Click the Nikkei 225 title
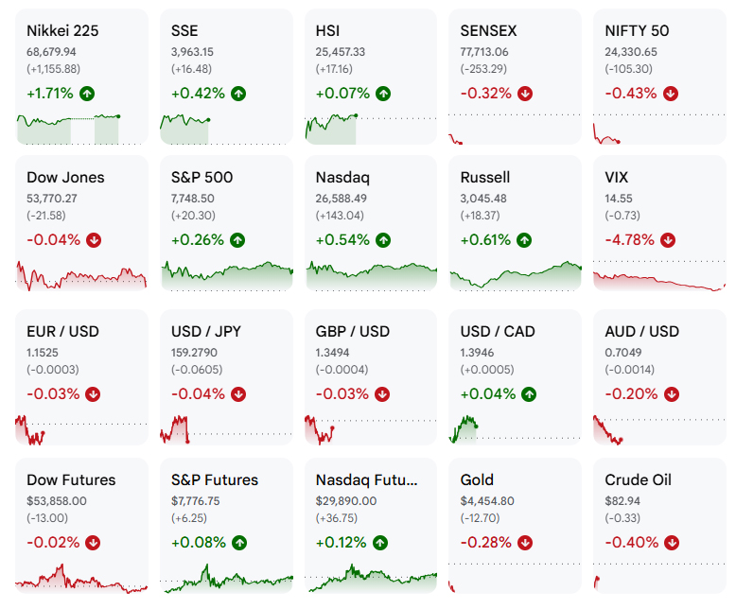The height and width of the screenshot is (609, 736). pyautogui.click(x=62, y=31)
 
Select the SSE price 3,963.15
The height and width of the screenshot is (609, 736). pyautogui.click(x=192, y=52)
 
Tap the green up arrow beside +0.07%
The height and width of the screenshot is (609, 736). pyautogui.click(x=383, y=94)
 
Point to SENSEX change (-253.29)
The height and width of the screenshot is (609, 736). pyautogui.click(x=483, y=69)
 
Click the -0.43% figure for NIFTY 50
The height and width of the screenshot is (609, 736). pyautogui.click(x=630, y=94)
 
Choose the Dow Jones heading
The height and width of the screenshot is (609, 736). pyautogui.click(x=65, y=178)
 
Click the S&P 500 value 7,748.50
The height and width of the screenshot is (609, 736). pyautogui.click(x=192, y=199)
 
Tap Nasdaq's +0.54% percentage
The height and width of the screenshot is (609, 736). pyautogui.click(x=342, y=240)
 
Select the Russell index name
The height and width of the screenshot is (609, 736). pyautogui.click(x=485, y=178)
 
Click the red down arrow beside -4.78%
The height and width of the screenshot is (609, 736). pyautogui.click(x=668, y=240)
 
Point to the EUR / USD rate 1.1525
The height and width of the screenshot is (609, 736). pyautogui.click(x=43, y=353)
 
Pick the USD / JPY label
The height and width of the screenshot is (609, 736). pyautogui.click(x=206, y=332)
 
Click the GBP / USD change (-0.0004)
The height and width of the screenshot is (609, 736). pyautogui.click(x=342, y=370)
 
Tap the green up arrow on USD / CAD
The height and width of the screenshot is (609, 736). pyautogui.click(x=529, y=394)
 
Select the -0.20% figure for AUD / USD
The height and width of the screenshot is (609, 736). pyautogui.click(x=631, y=394)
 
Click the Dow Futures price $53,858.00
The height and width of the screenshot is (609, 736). pyautogui.click(x=57, y=501)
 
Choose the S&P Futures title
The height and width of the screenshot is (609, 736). pyautogui.click(x=215, y=480)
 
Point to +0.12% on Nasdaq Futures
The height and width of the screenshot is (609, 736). pyautogui.click(x=341, y=543)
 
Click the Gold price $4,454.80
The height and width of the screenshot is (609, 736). pyautogui.click(x=487, y=501)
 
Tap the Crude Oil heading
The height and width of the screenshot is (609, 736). pyautogui.click(x=638, y=480)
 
